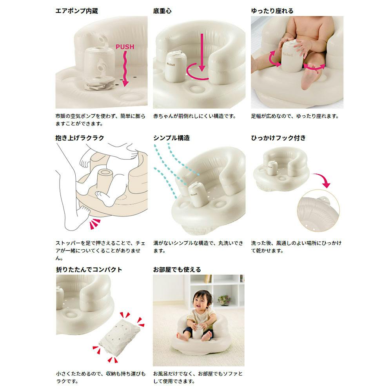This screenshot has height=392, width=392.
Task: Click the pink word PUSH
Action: tap(125, 47)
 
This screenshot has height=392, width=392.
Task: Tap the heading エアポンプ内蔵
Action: tap(76, 11)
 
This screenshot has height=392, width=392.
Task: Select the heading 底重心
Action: tap(162, 11)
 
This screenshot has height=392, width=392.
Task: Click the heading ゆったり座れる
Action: tap(272, 11)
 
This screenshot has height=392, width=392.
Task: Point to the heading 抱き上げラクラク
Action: tap(80, 138)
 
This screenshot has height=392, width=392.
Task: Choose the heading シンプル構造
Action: tap(172, 138)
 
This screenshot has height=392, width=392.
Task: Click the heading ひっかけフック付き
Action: tap(278, 138)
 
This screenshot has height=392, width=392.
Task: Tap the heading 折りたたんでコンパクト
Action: tap(89, 270)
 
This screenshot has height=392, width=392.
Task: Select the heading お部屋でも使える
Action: tap(177, 270)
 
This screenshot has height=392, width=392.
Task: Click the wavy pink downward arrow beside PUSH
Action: tap(125, 69)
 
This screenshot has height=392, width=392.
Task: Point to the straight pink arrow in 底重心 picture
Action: tap(202, 53)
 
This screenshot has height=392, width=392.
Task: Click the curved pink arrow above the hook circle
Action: tap(323, 180)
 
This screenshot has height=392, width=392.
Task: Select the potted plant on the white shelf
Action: tap(224, 300)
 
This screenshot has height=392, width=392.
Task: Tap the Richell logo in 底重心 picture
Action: tap(171, 64)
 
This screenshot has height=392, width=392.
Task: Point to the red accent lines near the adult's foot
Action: tap(94, 224)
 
